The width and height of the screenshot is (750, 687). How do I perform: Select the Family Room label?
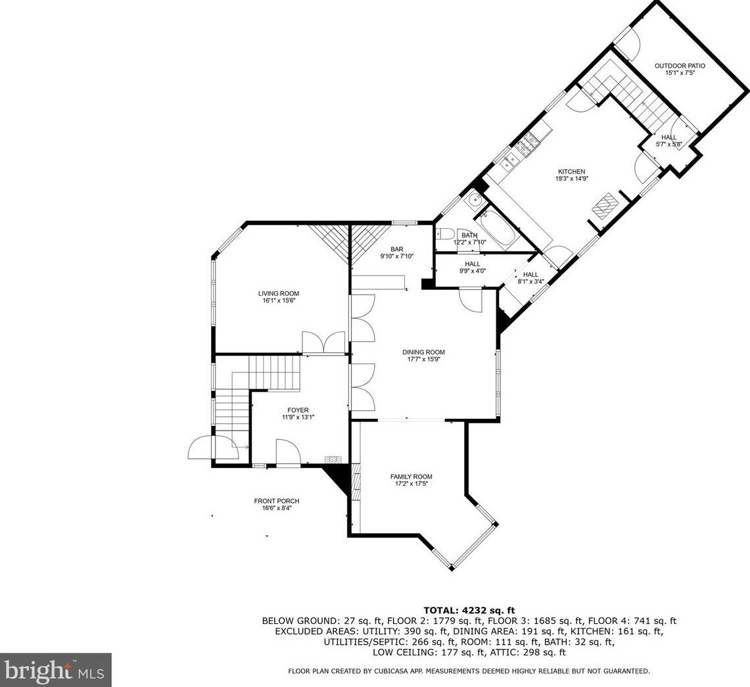[411, 477]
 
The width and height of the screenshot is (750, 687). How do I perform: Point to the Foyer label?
[298, 410]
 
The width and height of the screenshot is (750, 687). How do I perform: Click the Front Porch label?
[277, 501]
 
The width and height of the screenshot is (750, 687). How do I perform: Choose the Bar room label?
[396, 249]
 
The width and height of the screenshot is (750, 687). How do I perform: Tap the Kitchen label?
[571, 172]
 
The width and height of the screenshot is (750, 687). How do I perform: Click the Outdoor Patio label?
[680, 66]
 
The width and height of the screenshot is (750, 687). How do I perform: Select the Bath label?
[469, 235]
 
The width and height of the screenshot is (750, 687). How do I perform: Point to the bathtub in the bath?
[498, 227]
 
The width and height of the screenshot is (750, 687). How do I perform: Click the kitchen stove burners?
[527, 146]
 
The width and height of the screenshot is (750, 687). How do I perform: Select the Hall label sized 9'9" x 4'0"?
[472, 264]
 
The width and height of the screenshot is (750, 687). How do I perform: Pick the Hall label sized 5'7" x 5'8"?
[668, 137]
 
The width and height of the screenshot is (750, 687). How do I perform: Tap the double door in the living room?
[323, 343]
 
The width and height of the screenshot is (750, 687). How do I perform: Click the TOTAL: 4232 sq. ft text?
[469, 611]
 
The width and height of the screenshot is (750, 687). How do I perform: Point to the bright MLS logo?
[55, 670]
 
